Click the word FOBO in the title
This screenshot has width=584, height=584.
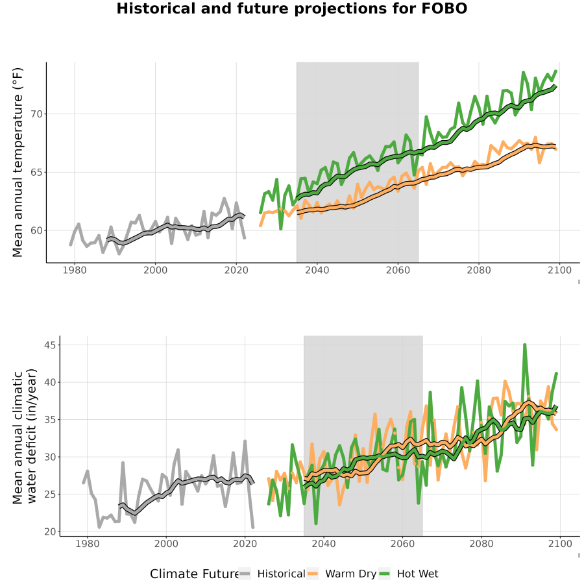(x=444, y=8)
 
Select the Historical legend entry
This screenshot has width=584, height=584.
(x=272, y=574)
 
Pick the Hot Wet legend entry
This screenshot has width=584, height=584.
(x=409, y=574)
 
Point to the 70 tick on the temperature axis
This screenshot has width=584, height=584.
(x=36, y=114)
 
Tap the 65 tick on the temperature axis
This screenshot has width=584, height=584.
(x=36, y=173)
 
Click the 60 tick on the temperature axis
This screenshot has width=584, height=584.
(x=36, y=230)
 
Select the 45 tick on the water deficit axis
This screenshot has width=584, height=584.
(x=50, y=345)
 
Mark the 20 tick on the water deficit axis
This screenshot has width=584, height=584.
(x=50, y=531)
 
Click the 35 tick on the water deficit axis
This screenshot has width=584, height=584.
(x=50, y=420)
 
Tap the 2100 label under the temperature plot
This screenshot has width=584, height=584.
(x=559, y=270)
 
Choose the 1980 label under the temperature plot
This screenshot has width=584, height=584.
(x=75, y=270)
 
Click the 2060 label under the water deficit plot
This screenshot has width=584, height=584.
(x=402, y=544)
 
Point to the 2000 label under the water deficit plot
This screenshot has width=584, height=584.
(x=166, y=544)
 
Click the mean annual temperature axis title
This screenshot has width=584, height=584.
(x=18, y=162)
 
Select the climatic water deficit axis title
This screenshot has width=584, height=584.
(x=25, y=436)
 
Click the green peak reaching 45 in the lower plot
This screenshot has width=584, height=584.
(x=525, y=345)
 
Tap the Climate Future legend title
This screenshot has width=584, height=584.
(x=194, y=574)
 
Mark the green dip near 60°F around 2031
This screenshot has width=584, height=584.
(x=281, y=228)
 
